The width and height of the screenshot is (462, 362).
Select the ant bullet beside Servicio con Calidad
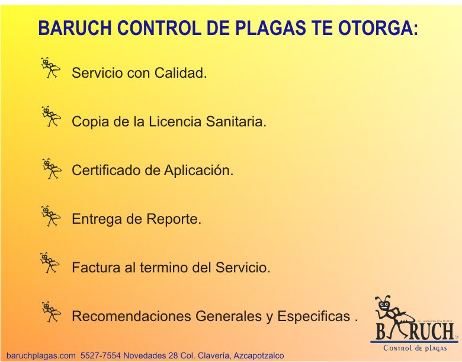51,68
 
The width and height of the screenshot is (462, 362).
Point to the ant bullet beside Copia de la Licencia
51,116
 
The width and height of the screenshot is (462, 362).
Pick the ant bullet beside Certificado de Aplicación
51,169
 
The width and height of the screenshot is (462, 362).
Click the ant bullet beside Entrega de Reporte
51,215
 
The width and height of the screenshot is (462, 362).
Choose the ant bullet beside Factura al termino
51,262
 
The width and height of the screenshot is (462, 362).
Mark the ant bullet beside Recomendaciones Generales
51,311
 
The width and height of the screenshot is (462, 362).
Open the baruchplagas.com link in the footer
41,355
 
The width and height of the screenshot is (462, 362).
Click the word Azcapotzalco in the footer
259,355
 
